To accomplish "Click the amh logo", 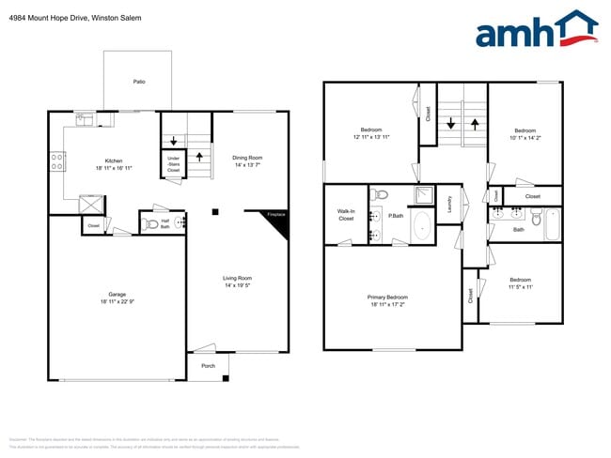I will point(536,31).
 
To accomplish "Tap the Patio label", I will point(139,82).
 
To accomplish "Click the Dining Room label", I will point(247,158).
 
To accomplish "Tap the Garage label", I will point(117,294).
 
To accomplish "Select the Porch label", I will point(208,365).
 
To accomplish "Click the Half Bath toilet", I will point(149,222).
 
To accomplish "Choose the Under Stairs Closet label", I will point(174,164).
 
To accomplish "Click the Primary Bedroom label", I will point(387,298).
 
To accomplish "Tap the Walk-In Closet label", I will point(346,215).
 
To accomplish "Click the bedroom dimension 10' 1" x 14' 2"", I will point(525,137).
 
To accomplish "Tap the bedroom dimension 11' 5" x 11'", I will point(521,287).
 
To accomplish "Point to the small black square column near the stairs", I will point(215,212).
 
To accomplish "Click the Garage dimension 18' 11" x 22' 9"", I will point(117,301).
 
